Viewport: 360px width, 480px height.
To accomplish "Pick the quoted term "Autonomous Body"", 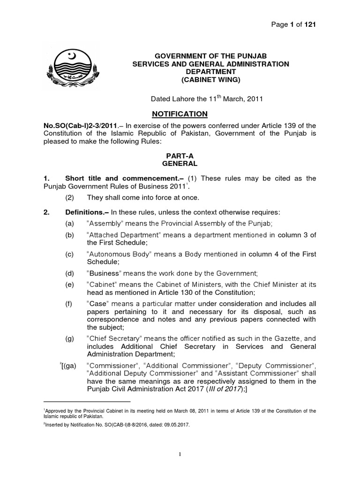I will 116,254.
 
